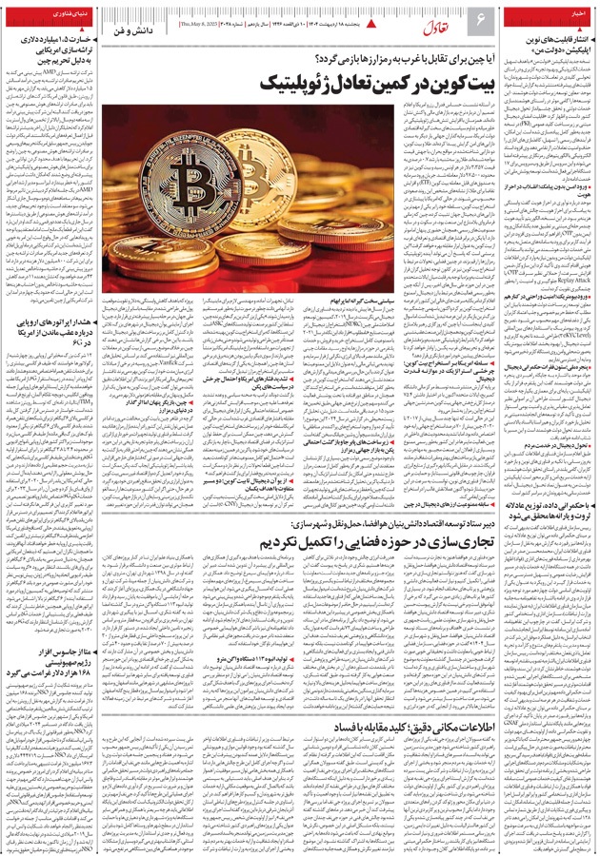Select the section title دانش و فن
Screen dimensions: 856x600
[133, 32]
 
